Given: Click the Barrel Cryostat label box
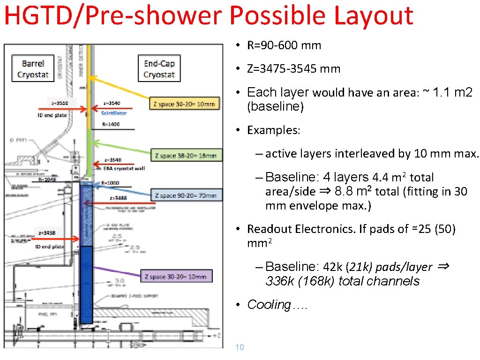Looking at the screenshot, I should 33,69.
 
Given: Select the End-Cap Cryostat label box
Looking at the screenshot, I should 159,69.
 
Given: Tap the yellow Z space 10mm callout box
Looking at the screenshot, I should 184,104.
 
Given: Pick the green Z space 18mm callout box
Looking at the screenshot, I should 186,155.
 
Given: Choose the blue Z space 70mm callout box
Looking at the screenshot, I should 186,195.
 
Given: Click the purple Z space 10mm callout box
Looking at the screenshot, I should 177,277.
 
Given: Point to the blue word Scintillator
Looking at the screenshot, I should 114,113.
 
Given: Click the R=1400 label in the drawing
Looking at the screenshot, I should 111,125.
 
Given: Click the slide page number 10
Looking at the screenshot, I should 239,347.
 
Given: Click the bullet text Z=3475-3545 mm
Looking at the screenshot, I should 294,69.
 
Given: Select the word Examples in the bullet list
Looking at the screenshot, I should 273,130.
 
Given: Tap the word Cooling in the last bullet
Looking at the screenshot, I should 269,305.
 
